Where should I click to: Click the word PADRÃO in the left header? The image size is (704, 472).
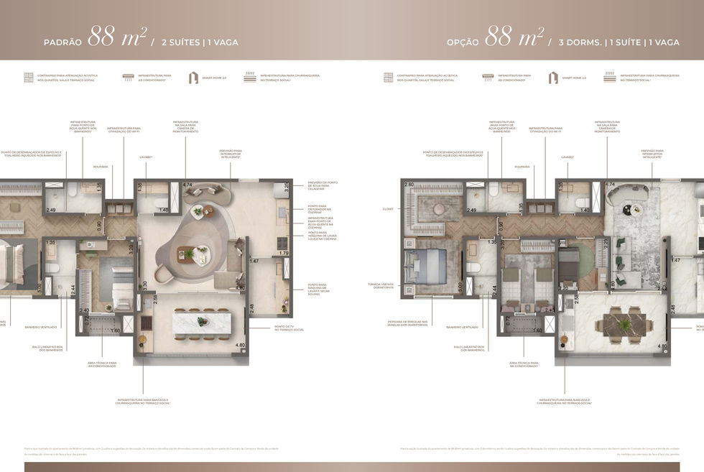[x=62, y=42]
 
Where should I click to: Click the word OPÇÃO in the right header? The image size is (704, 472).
[x=463, y=42]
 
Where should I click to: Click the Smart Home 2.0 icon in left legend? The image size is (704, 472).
[x=193, y=78]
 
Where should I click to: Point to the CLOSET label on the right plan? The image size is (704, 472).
[x=388, y=210]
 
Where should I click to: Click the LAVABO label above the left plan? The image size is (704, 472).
[x=146, y=157]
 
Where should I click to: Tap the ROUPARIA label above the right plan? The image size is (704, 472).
[x=522, y=167]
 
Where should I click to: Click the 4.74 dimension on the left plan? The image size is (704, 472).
[x=187, y=185]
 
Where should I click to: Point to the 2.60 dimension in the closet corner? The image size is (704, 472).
[x=408, y=185]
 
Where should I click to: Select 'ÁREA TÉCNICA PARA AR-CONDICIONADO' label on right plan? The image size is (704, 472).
[x=524, y=364]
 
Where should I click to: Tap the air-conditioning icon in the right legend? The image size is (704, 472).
[x=488, y=75]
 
